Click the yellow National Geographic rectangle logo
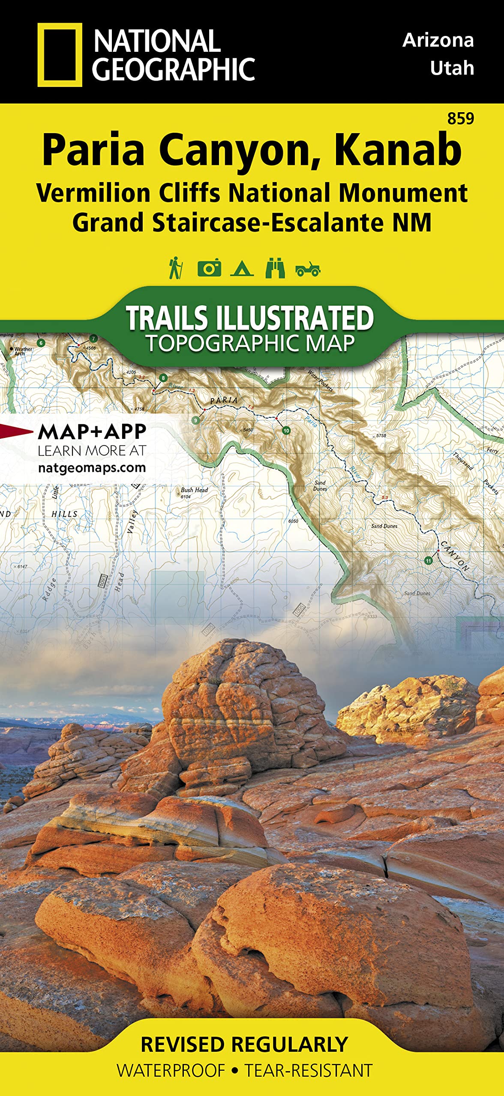pyautogui.click(x=60, y=55)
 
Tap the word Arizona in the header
pyautogui.click(x=438, y=40)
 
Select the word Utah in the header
pyautogui.click(x=452, y=68)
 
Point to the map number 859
pyautogui.click(x=460, y=118)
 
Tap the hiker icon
pyautogui.click(x=175, y=268)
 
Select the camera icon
pyautogui.click(x=209, y=268)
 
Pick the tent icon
pyautogui.click(x=242, y=269)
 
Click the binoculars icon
pyautogui.click(x=275, y=268)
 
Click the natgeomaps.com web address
pyautogui.click(x=92, y=468)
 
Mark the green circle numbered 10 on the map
pyautogui.click(x=286, y=430)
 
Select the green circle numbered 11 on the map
pyautogui.click(x=428, y=560)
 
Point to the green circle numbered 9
pyautogui.click(x=196, y=420)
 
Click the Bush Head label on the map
pyautogui.click(x=194, y=490)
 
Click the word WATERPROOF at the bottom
pyautogui.click(x=171, y=1070)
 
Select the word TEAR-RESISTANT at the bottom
pyautogui.click(x=309, y=1070)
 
